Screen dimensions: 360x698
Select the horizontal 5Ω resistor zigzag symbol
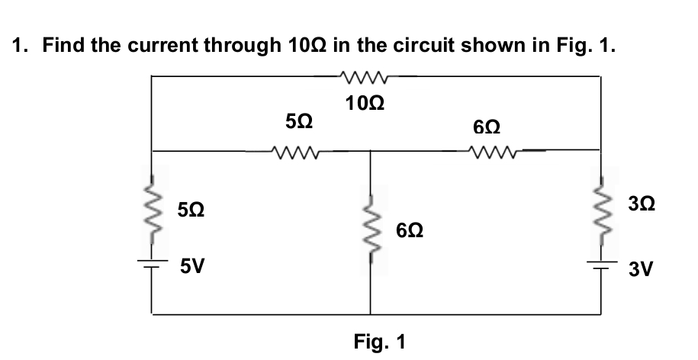click(x=296, y=151)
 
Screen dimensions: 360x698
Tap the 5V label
click(x=191, y=266)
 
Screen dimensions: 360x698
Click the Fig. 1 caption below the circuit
click(x=379, y=341)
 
